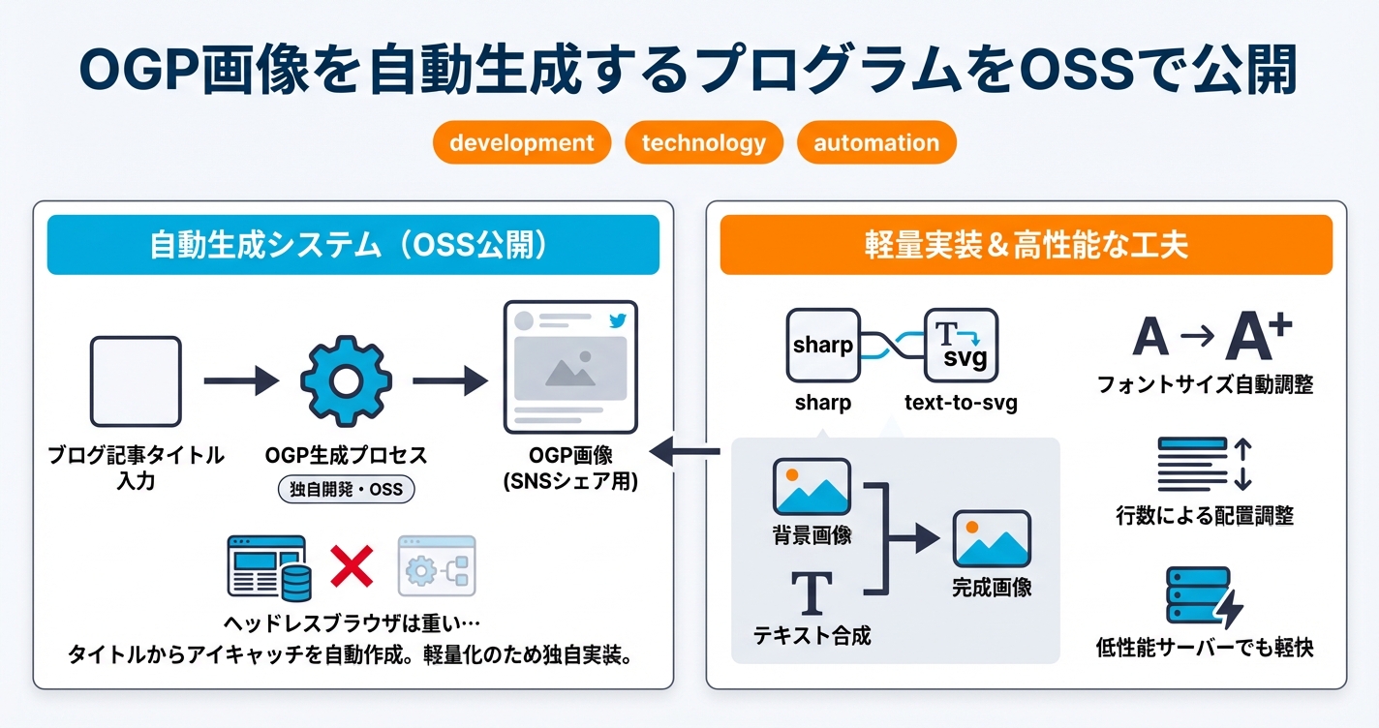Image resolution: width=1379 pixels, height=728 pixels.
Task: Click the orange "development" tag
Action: point(522,143)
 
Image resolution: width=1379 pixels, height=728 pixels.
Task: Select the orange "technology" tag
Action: point(704,143)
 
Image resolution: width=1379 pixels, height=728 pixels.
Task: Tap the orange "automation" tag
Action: point(876,143)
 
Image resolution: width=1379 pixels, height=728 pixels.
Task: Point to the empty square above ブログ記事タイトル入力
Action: point(136,382)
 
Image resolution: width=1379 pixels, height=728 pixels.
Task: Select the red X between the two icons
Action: point(352,565)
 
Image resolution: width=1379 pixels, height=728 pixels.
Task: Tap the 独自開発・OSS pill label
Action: point(346,490)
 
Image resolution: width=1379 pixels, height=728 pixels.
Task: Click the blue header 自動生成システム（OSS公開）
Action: point(353,245)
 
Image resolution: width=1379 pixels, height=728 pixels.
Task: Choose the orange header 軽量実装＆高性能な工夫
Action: point(1027,245)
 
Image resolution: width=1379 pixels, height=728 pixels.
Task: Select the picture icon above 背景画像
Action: point(812,487)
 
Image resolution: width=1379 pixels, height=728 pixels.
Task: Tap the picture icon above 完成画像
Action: point(992,538)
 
